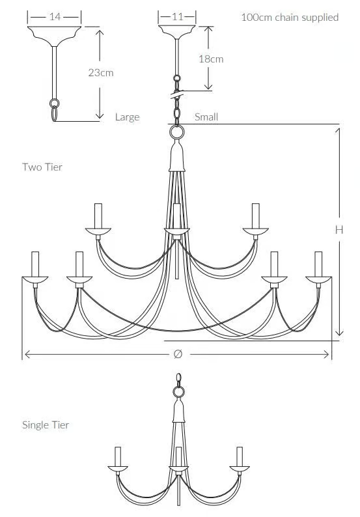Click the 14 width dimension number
[x=55, y=16]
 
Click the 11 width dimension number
[x=177, y=16]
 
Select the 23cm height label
[x=101, y=72]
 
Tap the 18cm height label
[x=211, y=59]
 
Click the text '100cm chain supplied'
[x=290, y=17]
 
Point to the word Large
[x=127, y=117]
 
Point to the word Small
[x=206, y=117]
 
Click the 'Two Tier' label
[x=42, y=167]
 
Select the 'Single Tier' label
[x=46, y=425]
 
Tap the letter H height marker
[x=339, y=230]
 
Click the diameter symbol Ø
[x=178, y=354]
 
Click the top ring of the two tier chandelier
[x=176, y=132]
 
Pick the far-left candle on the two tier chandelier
[x=35, y=264]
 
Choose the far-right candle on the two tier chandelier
[x=318, y=264]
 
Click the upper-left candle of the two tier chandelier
[x=98, y=216]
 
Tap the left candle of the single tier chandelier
[x=118, y=456]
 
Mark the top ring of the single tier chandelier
[x=178, y=392]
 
